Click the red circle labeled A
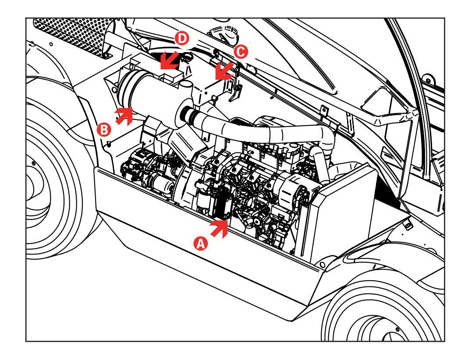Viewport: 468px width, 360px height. coord(201,244)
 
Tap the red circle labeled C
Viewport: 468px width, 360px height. coord(241,52)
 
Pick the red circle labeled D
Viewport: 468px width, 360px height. coord(182,39)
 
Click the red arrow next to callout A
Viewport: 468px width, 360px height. coord(220,229)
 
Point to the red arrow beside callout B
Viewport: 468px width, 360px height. coord(124,116)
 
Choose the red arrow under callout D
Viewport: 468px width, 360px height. coord(169,60)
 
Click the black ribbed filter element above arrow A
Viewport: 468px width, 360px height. coord(221,205)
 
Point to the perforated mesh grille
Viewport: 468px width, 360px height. coord(73,35)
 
